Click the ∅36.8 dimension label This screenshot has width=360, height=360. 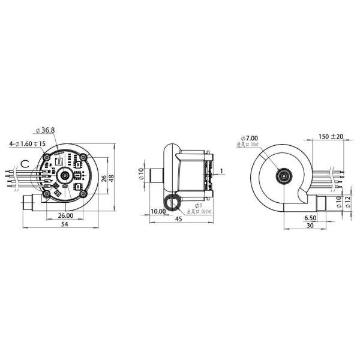(46, 130)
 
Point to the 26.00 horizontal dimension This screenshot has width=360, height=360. (66, 215)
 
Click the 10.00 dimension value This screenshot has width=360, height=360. (159, 212)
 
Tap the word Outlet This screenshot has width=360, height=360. (207, 212)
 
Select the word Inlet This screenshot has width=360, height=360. (255, 144)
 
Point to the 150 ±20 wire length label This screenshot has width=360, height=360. (331, 136)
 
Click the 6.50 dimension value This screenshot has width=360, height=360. (310, 217)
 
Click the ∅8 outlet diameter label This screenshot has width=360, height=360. (191, 205)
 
